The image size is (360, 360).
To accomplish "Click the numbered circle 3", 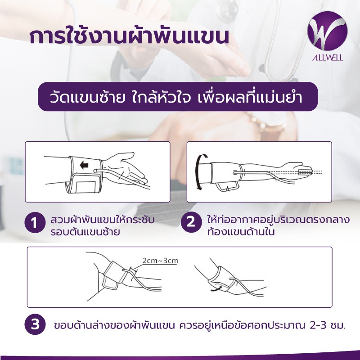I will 34,325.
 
